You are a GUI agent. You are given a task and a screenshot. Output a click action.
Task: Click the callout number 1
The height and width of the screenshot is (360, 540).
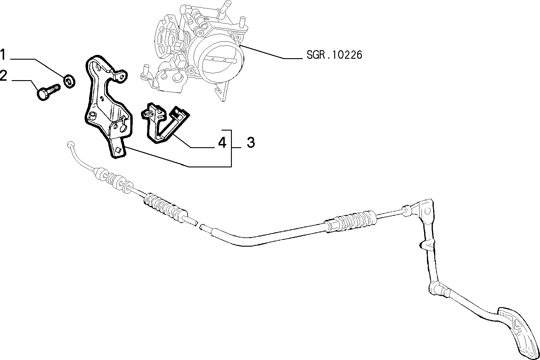pos(3,55)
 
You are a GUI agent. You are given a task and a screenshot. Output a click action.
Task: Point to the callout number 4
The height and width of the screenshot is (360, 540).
pos(222,143)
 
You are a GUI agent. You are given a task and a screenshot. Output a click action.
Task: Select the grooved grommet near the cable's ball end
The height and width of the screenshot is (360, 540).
pos(111,180)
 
